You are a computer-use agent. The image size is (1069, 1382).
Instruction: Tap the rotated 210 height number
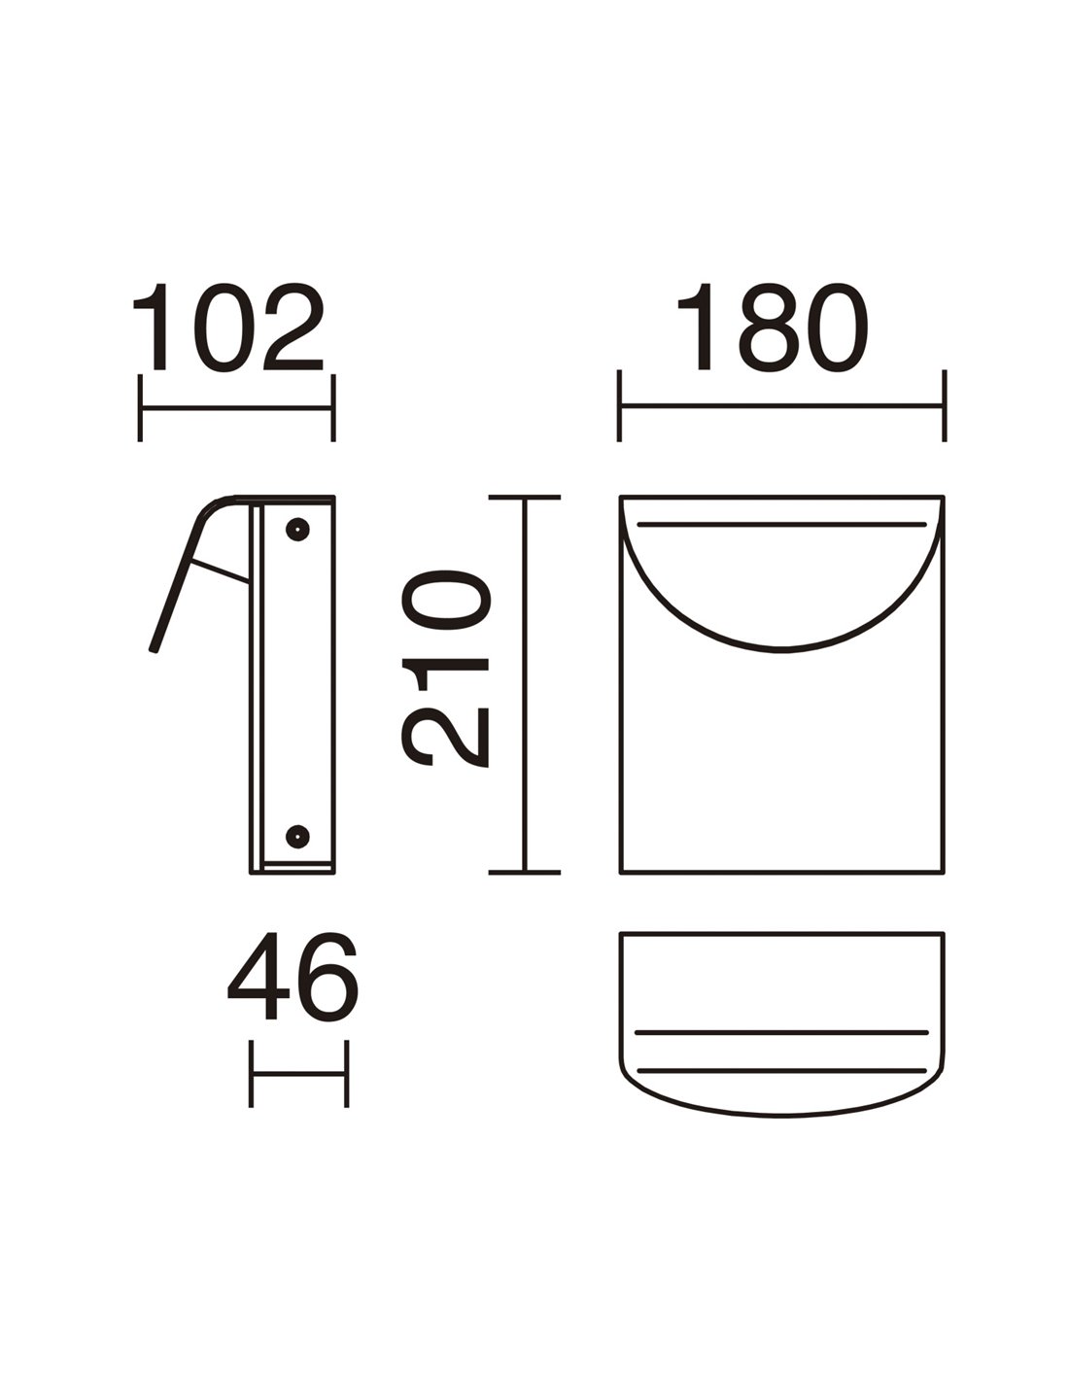(x=446, y=669)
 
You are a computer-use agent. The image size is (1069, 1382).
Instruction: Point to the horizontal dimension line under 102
(x=236, y=408)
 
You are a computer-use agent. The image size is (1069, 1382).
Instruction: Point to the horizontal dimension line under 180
(x=781, y=405)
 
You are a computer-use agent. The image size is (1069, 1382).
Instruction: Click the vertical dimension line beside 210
(x=525, y=684)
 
